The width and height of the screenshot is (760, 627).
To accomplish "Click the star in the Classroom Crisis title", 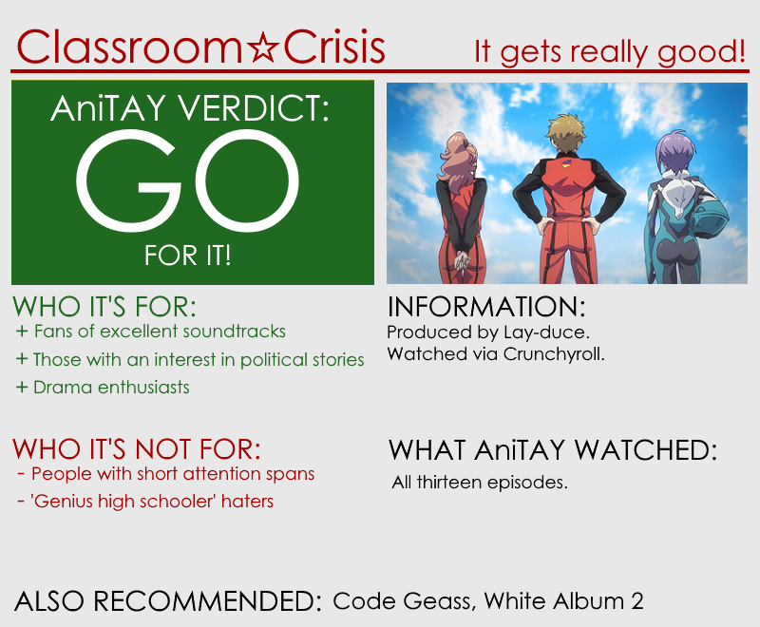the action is click(262, 47).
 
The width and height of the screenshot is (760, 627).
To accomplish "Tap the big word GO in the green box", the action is click(187, 180).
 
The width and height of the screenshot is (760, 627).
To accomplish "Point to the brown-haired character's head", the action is click(566, 133).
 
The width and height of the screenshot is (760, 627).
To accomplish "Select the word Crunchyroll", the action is click(554, 354).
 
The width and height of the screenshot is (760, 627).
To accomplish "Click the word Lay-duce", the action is click(546, 332).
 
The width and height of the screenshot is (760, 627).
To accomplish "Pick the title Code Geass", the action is click(401, 601).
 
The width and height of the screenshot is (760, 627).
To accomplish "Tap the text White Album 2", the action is click(563, 600).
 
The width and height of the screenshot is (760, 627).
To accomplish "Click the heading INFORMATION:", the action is click(486, 307).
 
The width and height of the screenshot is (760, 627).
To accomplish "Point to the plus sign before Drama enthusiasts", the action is click(22, 388).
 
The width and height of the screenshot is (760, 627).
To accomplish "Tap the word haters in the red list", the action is click(247, 502).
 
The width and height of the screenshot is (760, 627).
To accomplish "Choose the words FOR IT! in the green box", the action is click(187, 256).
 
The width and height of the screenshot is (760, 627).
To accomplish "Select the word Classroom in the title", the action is click(129, 47).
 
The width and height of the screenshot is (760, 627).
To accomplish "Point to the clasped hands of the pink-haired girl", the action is click(462, 260).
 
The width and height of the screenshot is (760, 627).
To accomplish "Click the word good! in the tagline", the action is click(701, 52).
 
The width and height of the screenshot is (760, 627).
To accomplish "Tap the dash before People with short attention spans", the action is click(21, 473).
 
